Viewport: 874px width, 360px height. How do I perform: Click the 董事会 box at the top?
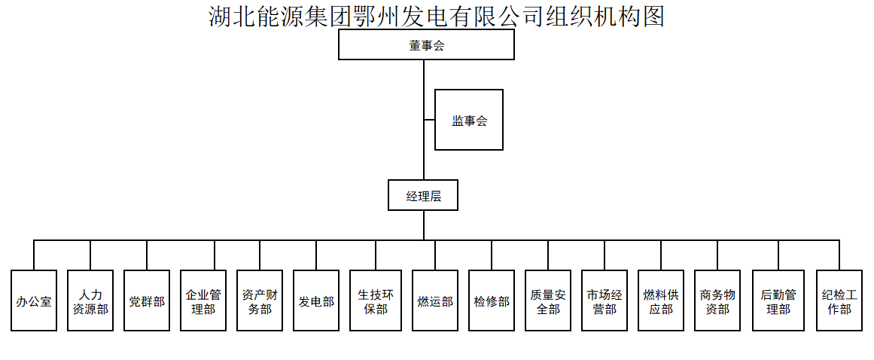point(426,45)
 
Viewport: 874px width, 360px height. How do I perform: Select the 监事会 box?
point(468,120)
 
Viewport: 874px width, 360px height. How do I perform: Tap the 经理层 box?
point(423,195)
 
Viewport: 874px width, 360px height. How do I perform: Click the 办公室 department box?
point(34,301)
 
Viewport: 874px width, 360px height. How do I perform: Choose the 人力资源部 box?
point(90,301)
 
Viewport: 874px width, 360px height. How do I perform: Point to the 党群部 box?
point(147,301)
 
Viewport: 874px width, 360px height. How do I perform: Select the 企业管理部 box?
point(203,301)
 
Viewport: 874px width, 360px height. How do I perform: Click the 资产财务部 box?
point(260,301)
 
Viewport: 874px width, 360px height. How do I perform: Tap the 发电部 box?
point(316,301)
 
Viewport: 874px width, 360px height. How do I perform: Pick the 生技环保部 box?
point(375,301)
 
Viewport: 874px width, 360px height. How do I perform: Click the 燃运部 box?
point(435,301)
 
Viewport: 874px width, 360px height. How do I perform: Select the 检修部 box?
point(492,301)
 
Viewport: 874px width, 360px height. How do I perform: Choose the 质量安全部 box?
point(548,301)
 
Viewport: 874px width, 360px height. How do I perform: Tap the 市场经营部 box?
point(604,301)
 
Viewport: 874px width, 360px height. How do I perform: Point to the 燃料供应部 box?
point(661,301)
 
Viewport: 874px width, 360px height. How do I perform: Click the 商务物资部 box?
point(717,301)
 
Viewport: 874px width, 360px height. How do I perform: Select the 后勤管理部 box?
point(778,301)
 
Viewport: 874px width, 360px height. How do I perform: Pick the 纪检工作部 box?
point(839,301)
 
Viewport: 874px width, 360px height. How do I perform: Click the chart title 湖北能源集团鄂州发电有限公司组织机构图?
point(437,16)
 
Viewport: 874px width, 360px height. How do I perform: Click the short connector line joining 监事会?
point(429,120)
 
